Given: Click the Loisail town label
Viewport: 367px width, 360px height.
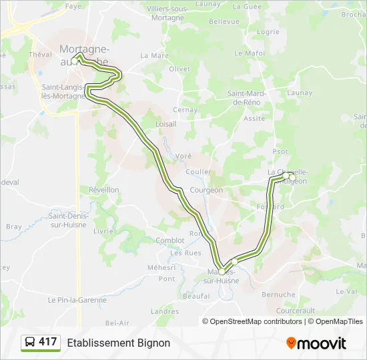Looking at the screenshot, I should point(165,124).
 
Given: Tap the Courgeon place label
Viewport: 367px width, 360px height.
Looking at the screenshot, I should point(206,190).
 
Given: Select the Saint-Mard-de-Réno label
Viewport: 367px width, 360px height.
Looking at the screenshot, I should point(247,98).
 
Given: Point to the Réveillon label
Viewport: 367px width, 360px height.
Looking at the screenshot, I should point(104,190).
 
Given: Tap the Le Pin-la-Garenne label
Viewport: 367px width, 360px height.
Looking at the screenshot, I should point(77,300).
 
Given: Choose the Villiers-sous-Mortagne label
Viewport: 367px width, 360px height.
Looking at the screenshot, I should point(165,13).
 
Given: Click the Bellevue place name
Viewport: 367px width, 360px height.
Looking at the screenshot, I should point(224,21).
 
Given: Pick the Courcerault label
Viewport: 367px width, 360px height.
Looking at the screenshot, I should point(295,311).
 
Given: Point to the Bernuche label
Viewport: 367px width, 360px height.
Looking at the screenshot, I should point(278,295).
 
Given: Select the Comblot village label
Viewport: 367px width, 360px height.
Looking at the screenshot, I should point(169,241).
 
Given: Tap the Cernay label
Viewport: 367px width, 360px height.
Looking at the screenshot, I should point(185,109).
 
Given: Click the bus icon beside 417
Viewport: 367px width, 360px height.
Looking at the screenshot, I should point(30,343).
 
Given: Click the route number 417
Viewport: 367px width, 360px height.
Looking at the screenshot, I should point(48,342).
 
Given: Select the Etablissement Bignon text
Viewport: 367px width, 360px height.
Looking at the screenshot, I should point(118,343).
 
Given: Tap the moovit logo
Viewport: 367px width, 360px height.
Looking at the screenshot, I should point(316,343).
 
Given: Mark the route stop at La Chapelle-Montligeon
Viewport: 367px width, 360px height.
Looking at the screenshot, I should point(286,176).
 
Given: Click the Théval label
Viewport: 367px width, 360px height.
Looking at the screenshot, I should point(40,55).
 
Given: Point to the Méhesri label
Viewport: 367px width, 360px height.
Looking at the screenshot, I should point(161,267).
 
